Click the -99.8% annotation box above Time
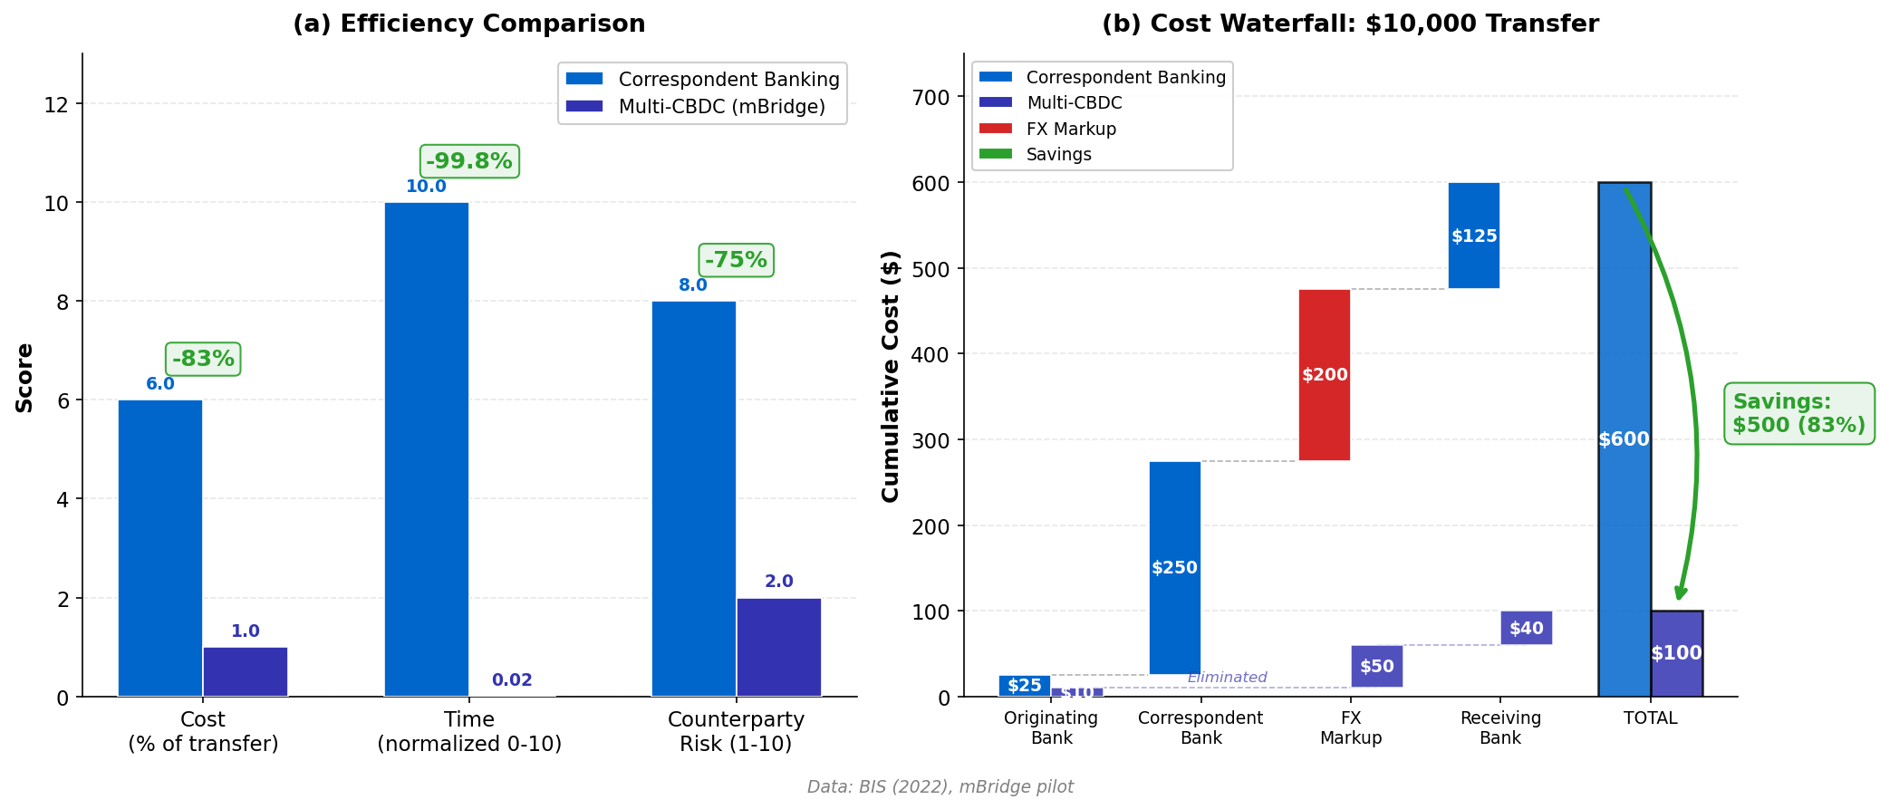click(469, 161)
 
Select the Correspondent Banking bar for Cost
click(160, 547)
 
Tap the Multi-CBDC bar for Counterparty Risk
click(778, 647)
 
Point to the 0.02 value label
click(512, 680)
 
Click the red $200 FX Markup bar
click(1324, 374)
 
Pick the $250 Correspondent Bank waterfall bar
click(1174, 567)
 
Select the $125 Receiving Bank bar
click(1473, 236)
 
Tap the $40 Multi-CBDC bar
click(1526, 628)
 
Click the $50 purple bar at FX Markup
click(1376, 666)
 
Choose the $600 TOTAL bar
click(1624, 439)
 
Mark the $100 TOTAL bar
click(1676, 653)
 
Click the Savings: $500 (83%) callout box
click(1798, 413)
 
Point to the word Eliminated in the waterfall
click(1227, 678)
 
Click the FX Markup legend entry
click(1070, 129)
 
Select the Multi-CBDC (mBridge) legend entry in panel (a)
click(721, 107)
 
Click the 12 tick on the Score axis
click(56, 105)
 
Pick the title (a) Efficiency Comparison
click(468, 24)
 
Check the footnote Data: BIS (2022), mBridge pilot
click(940, 786)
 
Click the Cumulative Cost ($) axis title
click(891, 376)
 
